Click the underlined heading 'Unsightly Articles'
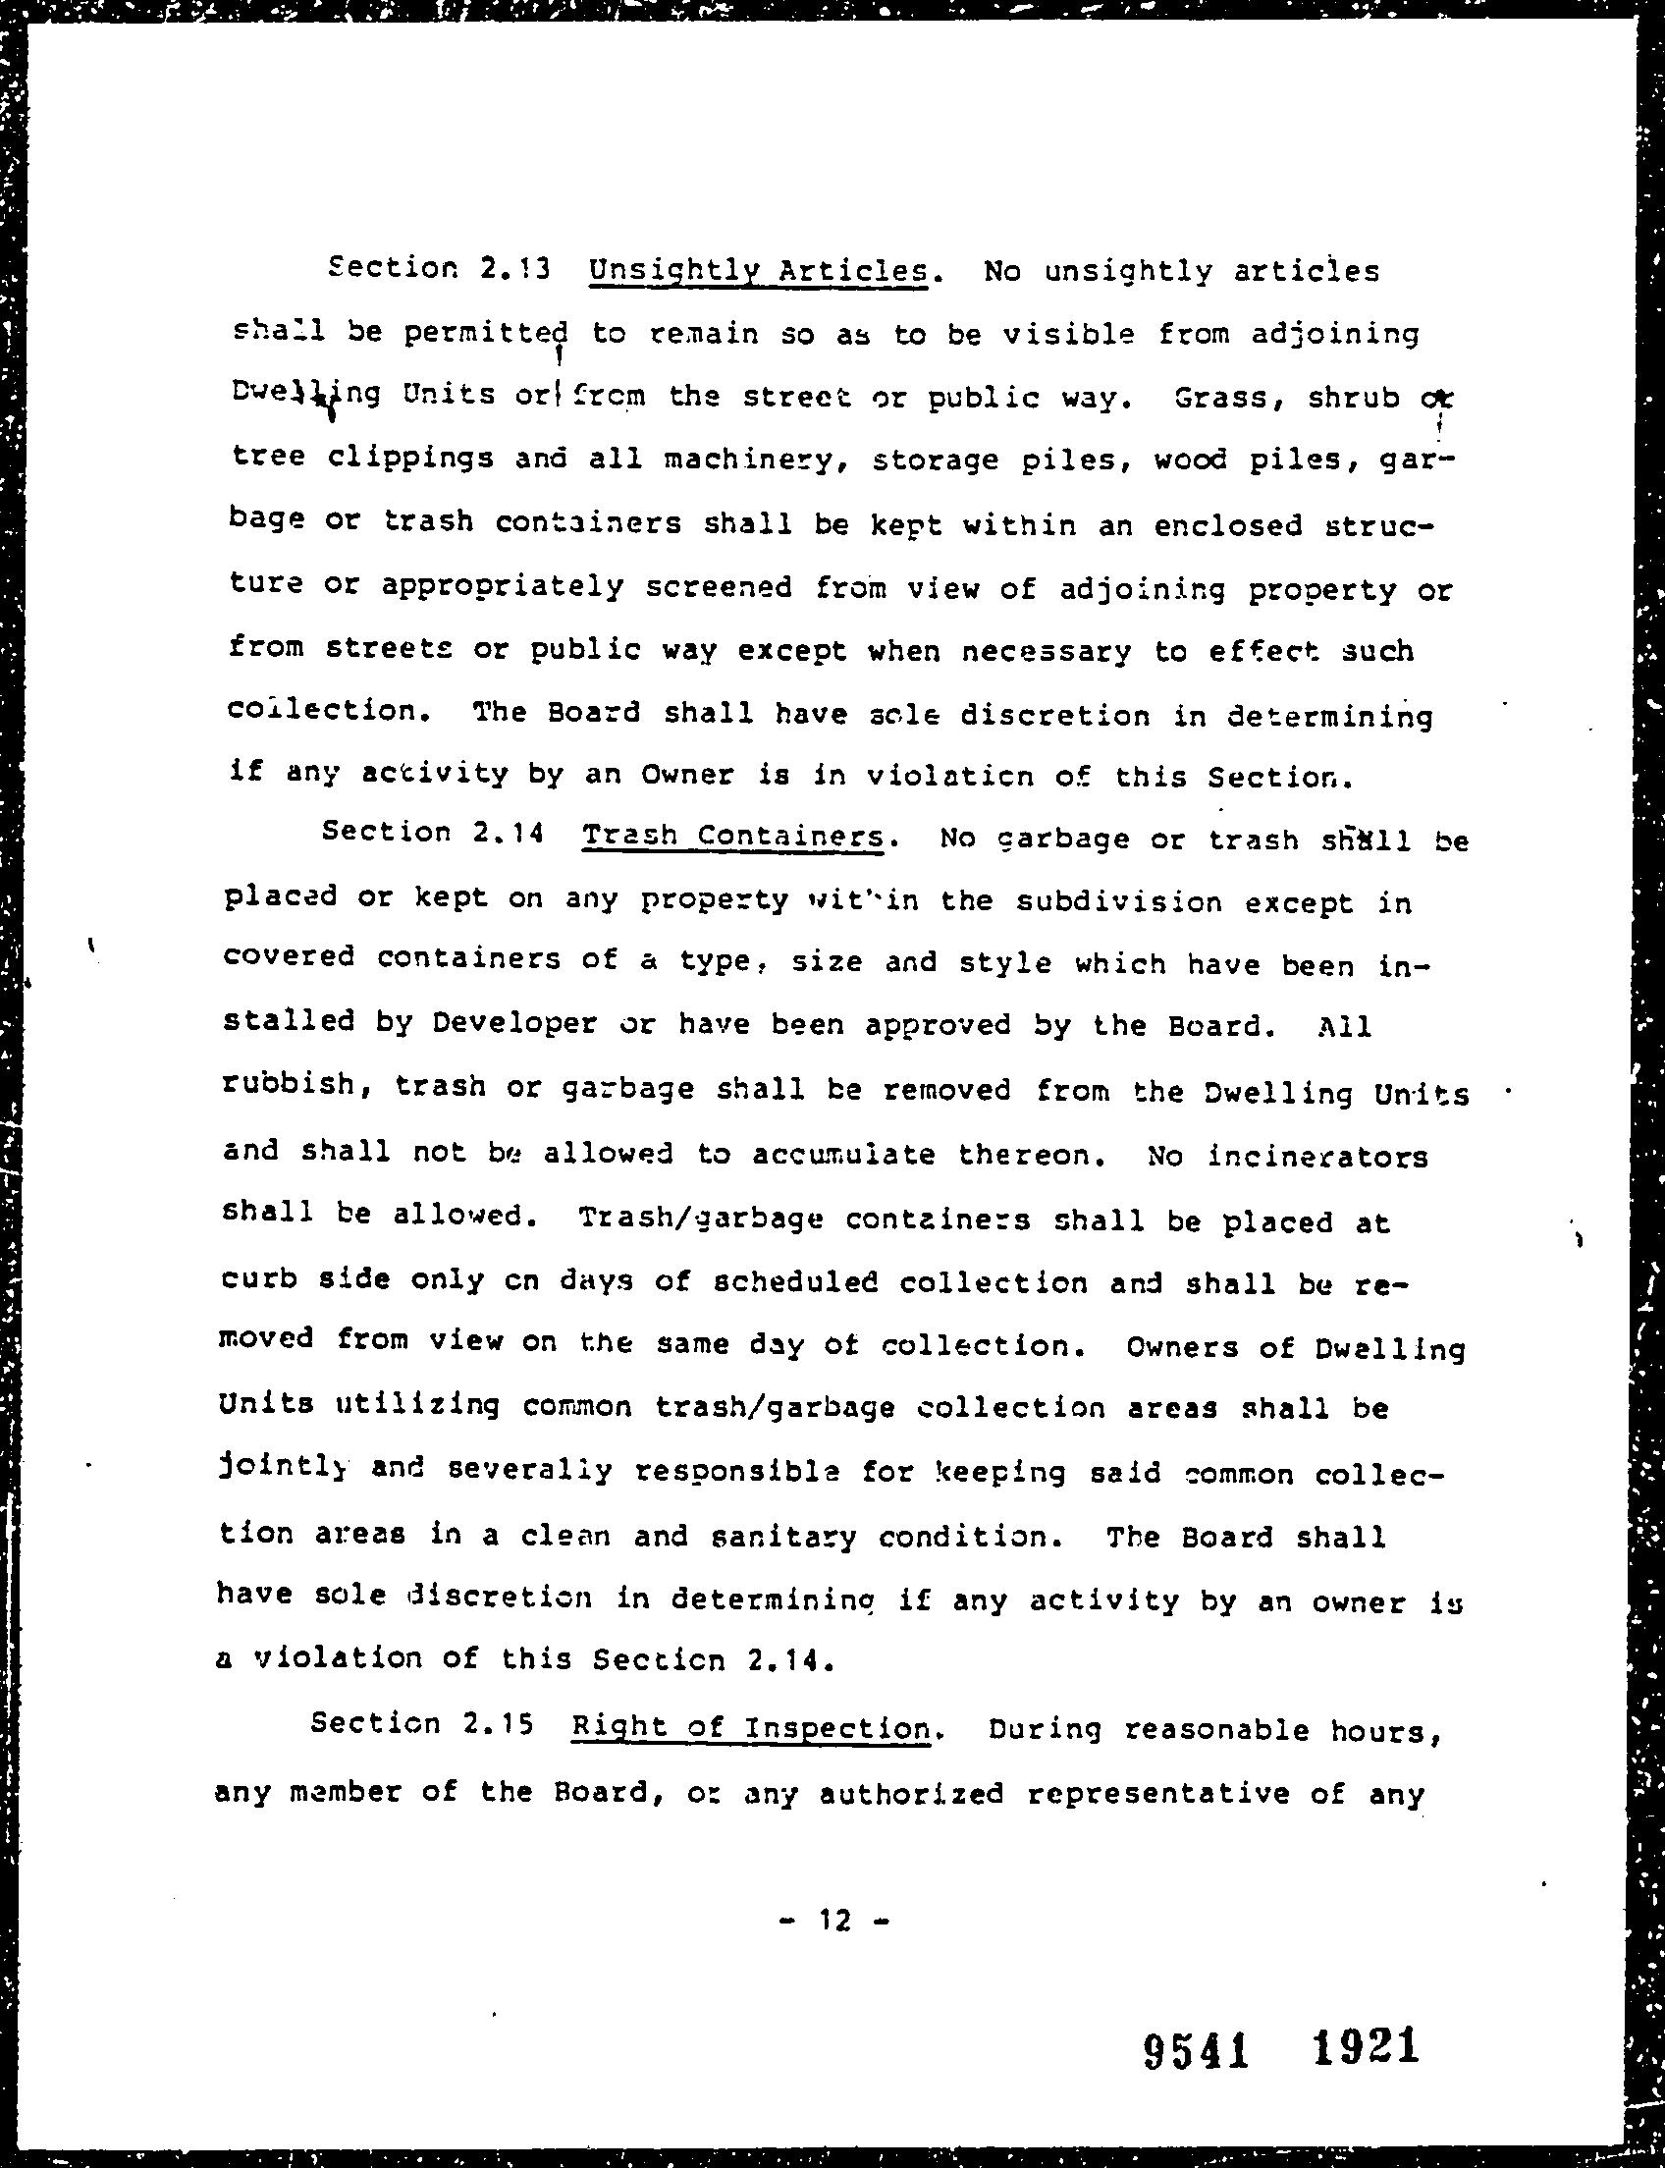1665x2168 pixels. click(x=757, y=271)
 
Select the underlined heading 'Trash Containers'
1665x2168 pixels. click(x=731, y=836)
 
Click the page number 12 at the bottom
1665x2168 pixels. click(x=834, y=1922)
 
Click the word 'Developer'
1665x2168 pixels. click(x=515, y=1023)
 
